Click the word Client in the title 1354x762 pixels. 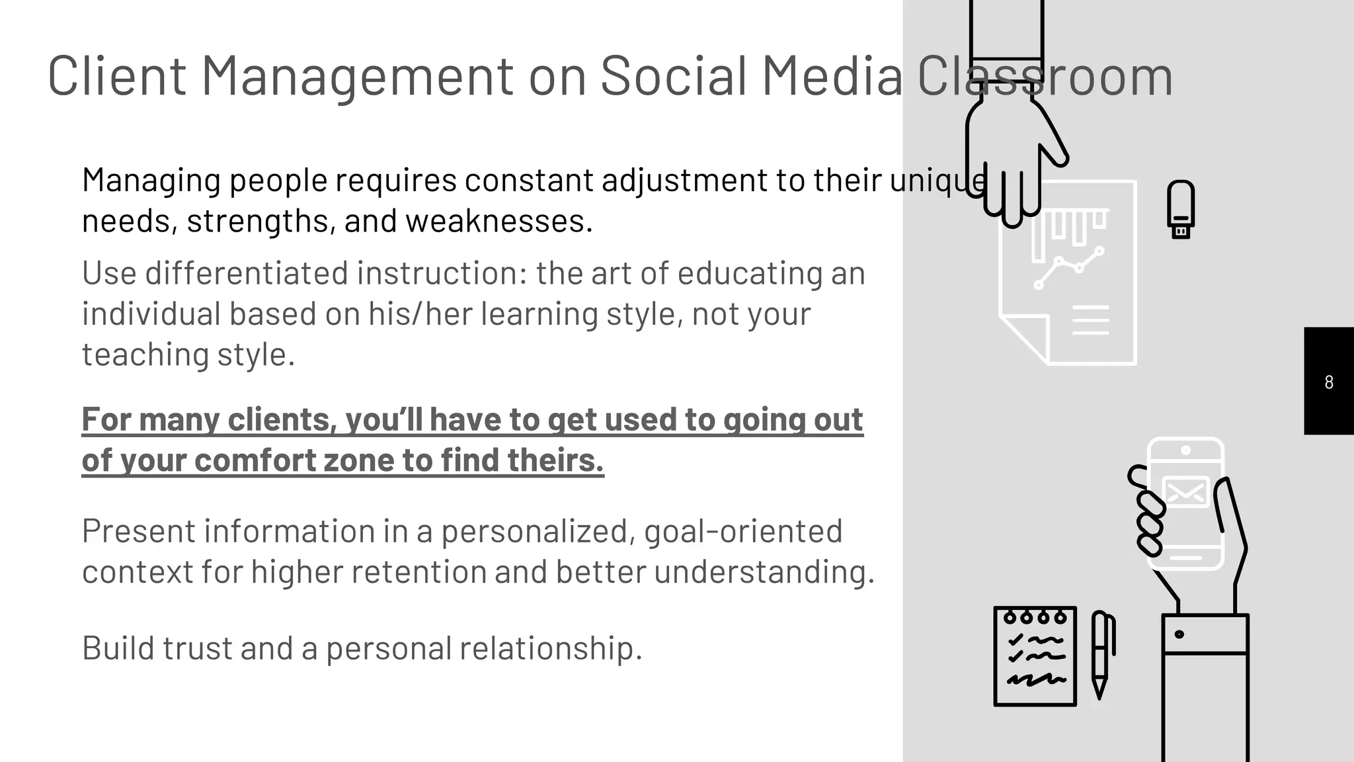116,76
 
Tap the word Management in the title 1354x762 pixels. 357,76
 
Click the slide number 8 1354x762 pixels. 1329,382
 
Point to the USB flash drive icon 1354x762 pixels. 1181,208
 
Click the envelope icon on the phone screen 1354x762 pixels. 1186,492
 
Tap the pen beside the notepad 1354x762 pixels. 1100,654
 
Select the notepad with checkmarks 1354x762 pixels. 1035,656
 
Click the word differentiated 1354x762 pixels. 247,273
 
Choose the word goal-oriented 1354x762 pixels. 743,531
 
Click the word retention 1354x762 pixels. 418,572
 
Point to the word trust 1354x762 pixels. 197,648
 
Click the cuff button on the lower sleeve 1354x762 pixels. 1179,634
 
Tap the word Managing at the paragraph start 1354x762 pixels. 151,181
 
